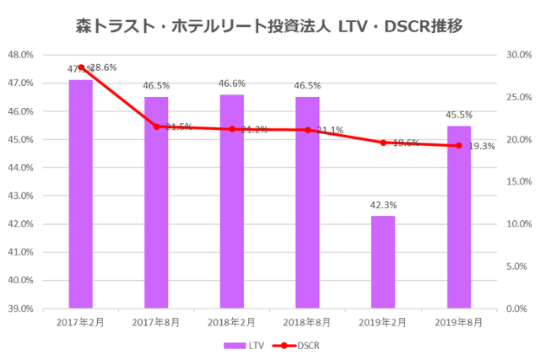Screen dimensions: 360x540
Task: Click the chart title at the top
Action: [269, 26]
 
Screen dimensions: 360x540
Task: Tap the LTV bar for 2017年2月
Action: [81, 194]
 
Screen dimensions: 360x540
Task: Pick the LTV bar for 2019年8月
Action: [459, 217]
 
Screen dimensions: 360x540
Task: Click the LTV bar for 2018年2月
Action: [232, 201]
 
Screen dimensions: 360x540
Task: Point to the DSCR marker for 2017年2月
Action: [81, 67]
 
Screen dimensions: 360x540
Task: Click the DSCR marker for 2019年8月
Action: [459, 145]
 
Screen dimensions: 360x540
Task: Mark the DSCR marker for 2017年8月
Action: [156, 126]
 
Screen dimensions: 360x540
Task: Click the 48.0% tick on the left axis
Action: [20, 55]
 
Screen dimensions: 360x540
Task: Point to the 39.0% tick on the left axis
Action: [20, 309]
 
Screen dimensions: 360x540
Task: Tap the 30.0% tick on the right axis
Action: [517, 55]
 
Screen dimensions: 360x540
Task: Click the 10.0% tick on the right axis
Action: [517, 224]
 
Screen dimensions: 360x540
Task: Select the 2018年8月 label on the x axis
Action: [307, 323]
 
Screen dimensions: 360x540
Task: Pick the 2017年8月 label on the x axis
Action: [156, 323]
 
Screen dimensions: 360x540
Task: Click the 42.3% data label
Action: [383, 205]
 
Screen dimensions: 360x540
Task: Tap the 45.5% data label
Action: [459, 115]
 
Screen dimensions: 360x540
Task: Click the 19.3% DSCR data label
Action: [482, 146]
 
